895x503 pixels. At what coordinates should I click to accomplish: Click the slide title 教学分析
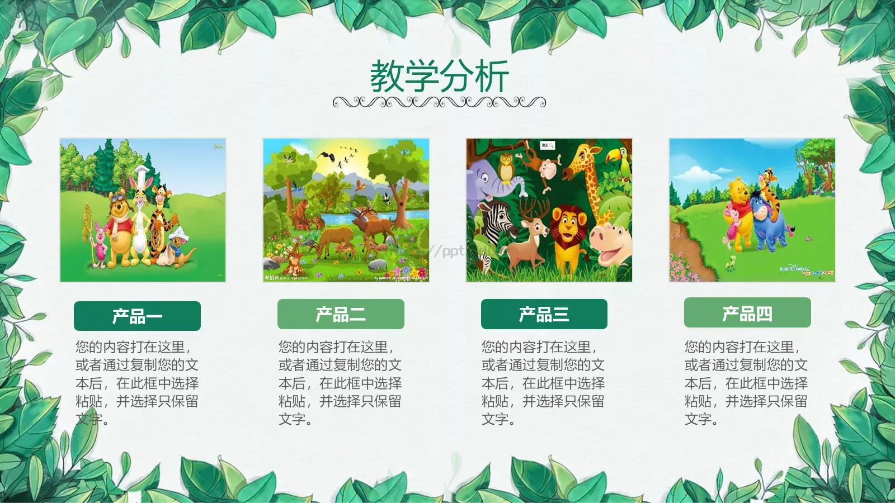pos(439,77)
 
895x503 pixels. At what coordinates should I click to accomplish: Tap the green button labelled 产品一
pos(137,316)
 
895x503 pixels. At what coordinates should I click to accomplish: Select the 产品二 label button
pos(341,314)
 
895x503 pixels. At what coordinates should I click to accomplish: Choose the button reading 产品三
pos(544,314)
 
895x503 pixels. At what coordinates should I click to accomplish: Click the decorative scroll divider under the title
pos(439,102)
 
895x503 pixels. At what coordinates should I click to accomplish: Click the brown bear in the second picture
pos(302,212)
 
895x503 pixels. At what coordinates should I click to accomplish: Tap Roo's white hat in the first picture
pos(183,232)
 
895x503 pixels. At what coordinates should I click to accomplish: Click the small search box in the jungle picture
pos(548,145)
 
